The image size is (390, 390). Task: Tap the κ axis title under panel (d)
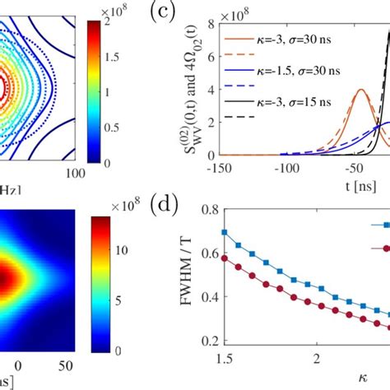tap(364, 383)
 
